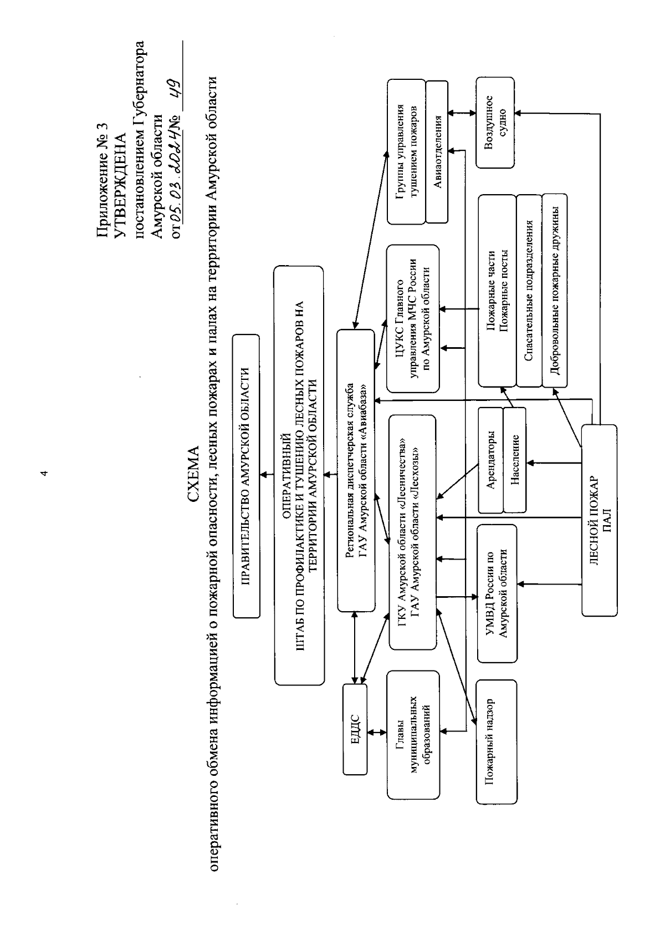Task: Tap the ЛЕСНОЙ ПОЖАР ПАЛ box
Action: (x=598, y=520)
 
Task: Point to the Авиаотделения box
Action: (x=438, y=151)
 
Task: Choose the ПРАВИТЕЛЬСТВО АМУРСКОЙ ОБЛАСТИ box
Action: (x=246, y=476)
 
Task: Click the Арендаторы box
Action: (x=490, y=460)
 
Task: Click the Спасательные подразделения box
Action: (x=529, y=290)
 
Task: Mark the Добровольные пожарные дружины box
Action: (x=555, y=290)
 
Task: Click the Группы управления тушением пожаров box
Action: (x=407, y=151)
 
